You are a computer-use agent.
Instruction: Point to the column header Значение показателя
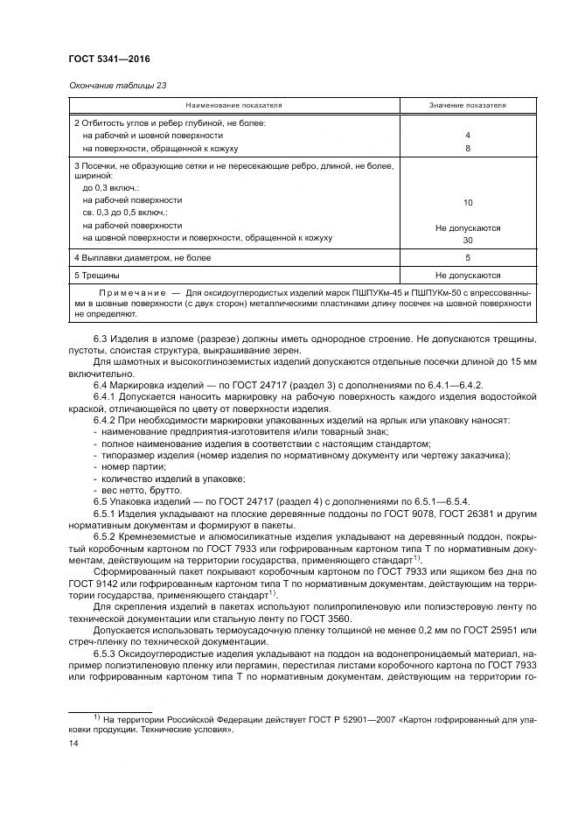(x=467, y=105)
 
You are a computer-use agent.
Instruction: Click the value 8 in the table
(x=468, y=149)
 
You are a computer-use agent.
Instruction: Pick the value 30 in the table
(x=468, y=240)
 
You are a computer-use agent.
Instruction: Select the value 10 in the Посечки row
(x=468, y=202)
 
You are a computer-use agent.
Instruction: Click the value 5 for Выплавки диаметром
(x=468, y=258)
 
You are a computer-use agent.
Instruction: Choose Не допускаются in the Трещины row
(x=468, y=275)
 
